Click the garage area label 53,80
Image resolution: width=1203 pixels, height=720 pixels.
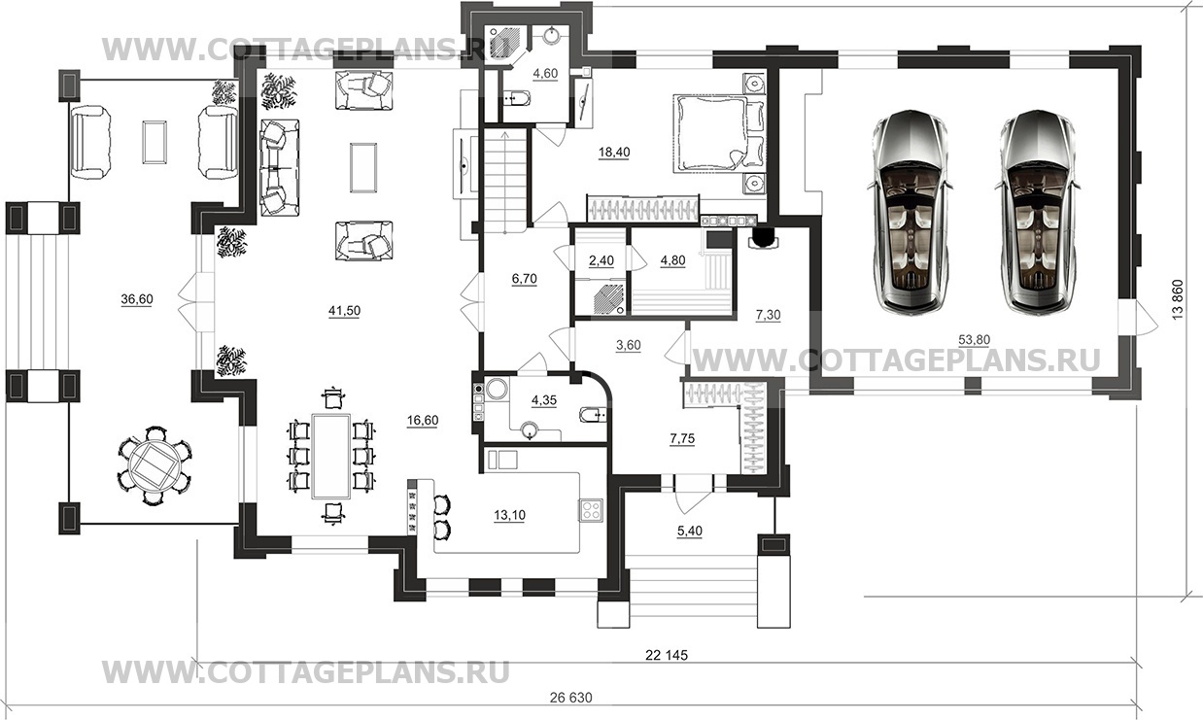974,340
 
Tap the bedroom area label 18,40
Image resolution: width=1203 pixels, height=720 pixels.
614,153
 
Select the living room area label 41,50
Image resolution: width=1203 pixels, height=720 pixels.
344,311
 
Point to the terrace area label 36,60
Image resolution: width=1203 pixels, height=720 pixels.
137,299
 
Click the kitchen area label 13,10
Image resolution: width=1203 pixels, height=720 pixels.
509,515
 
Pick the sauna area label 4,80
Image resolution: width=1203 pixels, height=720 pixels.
672,261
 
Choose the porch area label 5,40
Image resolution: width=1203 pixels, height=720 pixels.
690,531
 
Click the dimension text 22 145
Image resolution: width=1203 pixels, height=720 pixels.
666,655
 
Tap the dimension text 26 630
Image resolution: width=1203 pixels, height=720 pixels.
570,698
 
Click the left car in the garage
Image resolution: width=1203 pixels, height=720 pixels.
911,212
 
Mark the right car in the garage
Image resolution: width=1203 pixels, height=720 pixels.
1038,212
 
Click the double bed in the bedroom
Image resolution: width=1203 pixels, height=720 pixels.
719,134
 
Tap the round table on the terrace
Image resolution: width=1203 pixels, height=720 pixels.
155,465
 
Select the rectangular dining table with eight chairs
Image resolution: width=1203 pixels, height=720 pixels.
331,456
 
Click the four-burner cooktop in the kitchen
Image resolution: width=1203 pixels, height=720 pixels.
591,510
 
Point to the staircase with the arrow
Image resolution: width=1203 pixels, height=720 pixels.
505,180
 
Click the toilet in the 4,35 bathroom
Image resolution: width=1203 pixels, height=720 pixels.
594,415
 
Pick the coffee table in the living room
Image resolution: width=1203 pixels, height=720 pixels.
363,167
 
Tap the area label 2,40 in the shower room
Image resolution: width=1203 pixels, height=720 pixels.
601,261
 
